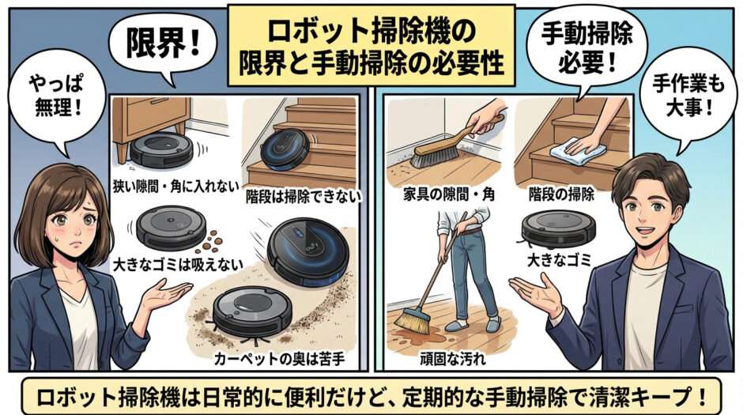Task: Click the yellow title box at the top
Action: coord(371,45)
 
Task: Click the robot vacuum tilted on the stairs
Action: coord(285,149)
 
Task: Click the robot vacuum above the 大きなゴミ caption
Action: coord(558,228)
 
